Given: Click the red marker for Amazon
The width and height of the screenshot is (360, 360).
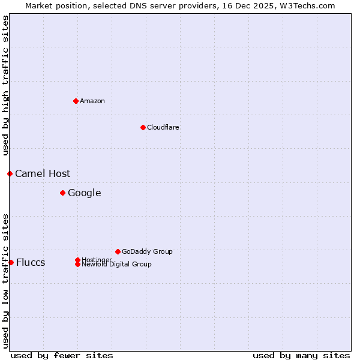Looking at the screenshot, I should point(76,101).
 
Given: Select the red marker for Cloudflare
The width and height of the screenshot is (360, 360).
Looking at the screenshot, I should point(143,127).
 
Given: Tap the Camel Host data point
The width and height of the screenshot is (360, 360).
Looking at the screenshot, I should point(10,173).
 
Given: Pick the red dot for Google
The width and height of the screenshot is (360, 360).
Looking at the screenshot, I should point(62,193).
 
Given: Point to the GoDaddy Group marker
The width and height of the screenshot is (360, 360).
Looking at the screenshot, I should point(118,251).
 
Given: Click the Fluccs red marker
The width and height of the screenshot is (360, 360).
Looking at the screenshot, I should point(11,262).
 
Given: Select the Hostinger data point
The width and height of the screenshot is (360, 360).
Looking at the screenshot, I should point(77,260).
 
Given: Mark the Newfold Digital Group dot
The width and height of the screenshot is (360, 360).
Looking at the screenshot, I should point(78,264).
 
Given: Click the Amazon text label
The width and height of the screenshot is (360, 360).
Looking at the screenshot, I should point(92,101).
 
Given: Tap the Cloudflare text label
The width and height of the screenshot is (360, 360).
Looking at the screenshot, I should point(163,127).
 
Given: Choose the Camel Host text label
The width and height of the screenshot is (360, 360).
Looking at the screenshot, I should point(43,173).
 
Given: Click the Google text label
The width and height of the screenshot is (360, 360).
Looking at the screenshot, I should point(85,193).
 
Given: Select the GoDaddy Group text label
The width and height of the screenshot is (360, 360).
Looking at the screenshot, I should point(147,251).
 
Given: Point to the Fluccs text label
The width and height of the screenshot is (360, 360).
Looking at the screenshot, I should point(31,262).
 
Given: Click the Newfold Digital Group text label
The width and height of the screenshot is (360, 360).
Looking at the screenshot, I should point(117,265).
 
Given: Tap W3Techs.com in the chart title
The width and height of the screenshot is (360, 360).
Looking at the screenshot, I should point(305,5).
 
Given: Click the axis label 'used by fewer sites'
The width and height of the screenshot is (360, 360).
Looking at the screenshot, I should point(62,355).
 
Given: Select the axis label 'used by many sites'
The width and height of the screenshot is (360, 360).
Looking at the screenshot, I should point(301,355).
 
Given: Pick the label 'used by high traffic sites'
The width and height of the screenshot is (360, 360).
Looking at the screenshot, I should point(5,85).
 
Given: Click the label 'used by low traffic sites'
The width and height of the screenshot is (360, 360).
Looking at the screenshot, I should point(5,280).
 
